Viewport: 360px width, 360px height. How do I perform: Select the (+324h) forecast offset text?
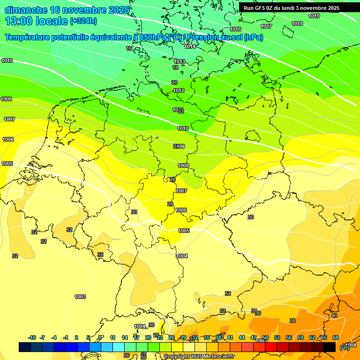click(83, 21)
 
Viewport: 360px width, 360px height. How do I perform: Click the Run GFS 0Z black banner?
click(292, 8)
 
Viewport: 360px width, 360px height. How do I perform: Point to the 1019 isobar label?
click(314, 16)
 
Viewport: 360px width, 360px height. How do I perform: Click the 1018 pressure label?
click(297, 23)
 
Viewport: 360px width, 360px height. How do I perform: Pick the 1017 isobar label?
click(266, 26)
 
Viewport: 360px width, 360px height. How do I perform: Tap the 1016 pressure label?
click(235, 30)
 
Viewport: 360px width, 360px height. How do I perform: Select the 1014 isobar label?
click(190, 46)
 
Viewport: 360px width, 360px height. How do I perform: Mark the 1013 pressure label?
click(180, 61)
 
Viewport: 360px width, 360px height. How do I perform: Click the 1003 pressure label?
click(80, 297)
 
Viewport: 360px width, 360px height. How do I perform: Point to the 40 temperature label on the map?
click(334, 315)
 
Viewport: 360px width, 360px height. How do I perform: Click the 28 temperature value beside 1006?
click(170, 204)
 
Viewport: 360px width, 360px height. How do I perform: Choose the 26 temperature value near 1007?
click(172, 180)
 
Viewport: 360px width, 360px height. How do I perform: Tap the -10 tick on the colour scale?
click(32, 337)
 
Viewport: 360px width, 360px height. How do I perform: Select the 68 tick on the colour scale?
click(336, 337)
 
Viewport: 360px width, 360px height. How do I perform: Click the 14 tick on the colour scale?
click(125, 337)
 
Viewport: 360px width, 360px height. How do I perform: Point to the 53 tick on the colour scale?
click(277, 337)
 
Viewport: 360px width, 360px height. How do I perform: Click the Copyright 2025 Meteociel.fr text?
click(199, 356)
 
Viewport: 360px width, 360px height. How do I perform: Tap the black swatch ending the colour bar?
click(330, 347)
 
